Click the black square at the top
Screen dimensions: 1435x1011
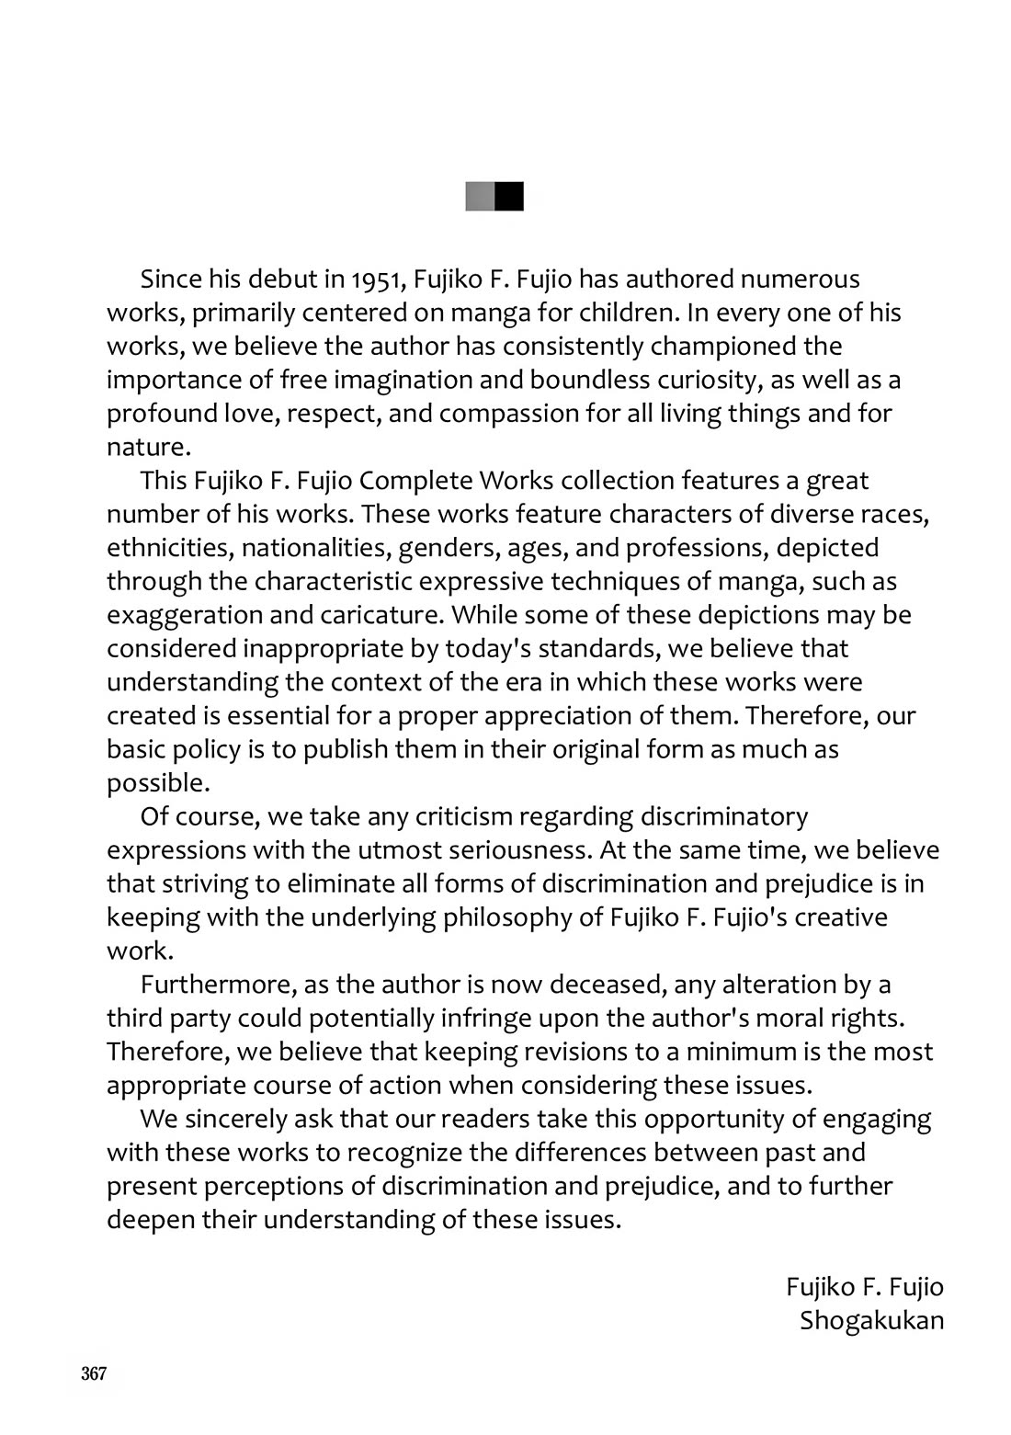509,197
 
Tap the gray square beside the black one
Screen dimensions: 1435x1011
480,197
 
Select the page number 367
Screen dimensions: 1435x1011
94,1374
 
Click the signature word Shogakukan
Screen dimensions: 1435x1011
871,1321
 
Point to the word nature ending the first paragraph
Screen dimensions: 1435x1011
146,448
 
